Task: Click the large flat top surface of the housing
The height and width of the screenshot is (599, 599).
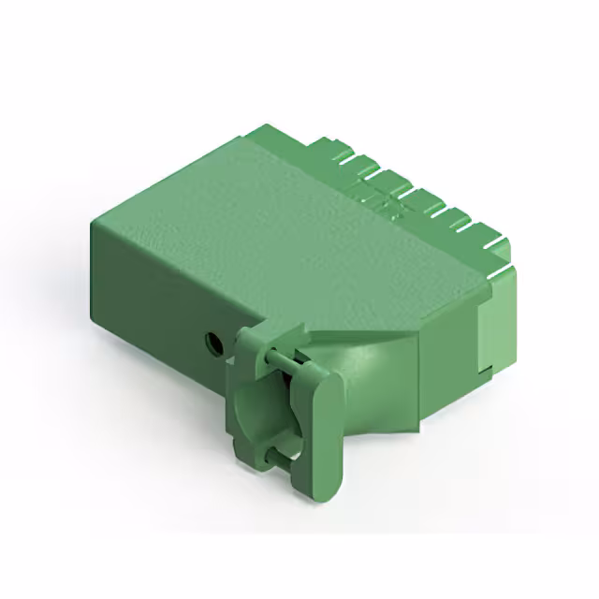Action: [281, 234]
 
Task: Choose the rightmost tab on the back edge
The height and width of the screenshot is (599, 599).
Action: [496, 245]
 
